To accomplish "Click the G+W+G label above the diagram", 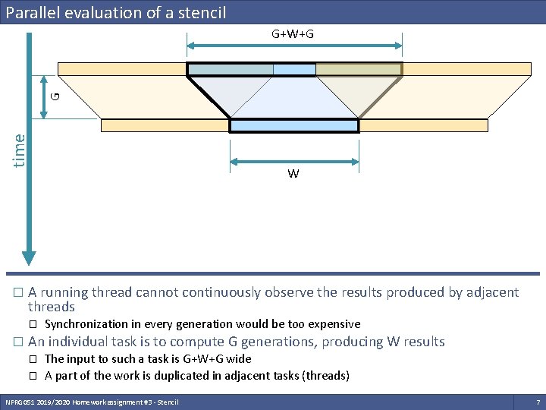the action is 293,34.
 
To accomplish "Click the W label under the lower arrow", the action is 293,174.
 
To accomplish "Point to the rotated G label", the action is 55,96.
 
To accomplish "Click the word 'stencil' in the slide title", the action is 199,13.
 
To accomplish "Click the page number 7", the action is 538,401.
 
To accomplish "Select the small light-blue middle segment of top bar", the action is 294,70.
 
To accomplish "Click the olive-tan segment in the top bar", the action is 358,70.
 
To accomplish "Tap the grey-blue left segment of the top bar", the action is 231,70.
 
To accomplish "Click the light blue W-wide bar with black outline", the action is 293,126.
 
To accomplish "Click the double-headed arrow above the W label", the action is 293,160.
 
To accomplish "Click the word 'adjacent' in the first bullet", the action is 493,292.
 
